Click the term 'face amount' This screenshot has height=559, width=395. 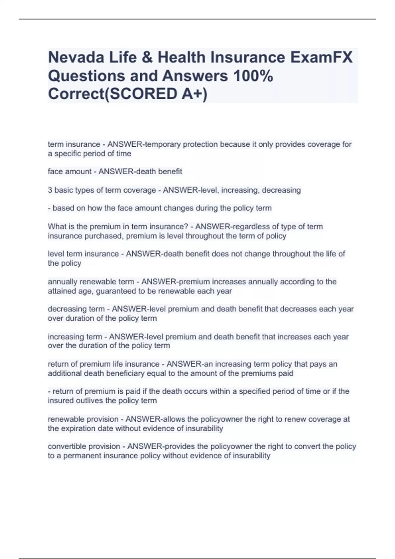point(69,171)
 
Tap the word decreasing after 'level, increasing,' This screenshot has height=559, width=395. point(281,190)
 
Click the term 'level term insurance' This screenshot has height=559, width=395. point(83,254)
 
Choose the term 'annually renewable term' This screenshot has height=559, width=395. point(91,282)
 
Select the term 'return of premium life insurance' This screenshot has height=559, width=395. point(104,364)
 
